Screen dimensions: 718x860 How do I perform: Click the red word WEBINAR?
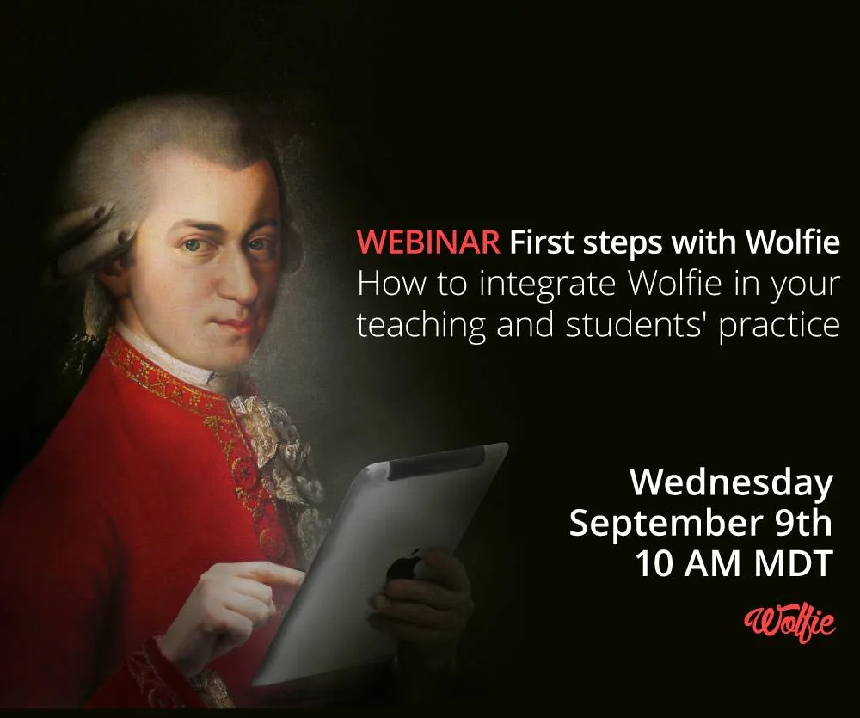pyautogui.click(x=427, y=243)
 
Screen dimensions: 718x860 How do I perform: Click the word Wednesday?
pyautogui.click(x=732, y=482)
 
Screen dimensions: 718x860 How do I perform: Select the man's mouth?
pyautogui.click(x=234, y=321)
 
